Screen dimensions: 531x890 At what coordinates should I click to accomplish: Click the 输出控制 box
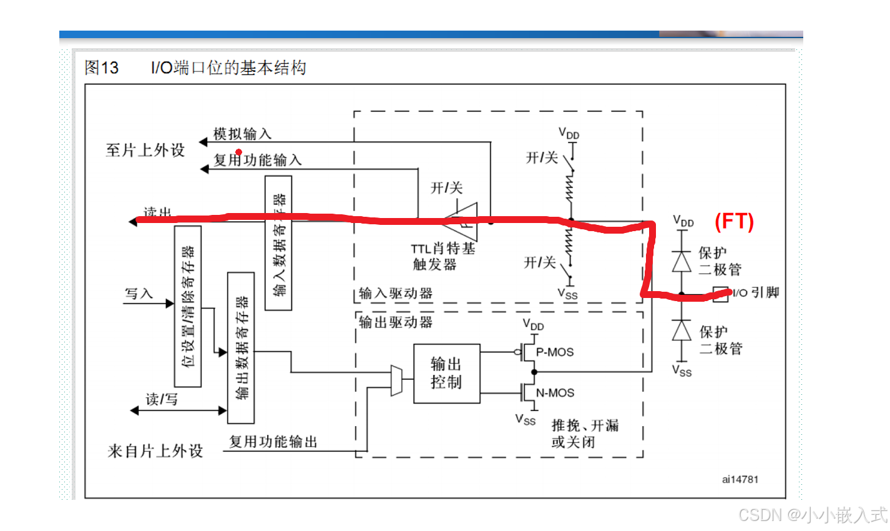446,373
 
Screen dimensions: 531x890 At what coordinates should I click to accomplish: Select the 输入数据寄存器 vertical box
278,243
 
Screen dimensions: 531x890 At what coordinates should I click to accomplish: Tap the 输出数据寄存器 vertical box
241,347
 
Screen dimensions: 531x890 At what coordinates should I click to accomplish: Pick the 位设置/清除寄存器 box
187,306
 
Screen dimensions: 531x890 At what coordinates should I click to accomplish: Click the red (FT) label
734,221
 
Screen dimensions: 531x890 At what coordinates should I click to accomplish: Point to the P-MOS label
555,352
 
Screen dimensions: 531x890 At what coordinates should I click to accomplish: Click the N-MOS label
555,393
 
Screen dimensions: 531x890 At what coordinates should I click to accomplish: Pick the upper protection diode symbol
682,261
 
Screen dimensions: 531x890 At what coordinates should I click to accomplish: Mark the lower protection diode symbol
682,330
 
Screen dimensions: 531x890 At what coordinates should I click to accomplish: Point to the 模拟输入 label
242,134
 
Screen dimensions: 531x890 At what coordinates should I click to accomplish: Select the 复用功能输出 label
273,442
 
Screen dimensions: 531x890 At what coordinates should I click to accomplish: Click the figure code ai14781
740,479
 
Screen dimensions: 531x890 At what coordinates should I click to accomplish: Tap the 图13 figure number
101,67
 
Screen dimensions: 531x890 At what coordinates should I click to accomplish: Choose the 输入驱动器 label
396,293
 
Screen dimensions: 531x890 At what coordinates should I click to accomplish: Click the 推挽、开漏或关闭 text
584,434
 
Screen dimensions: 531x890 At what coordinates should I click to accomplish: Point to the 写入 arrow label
139,293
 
